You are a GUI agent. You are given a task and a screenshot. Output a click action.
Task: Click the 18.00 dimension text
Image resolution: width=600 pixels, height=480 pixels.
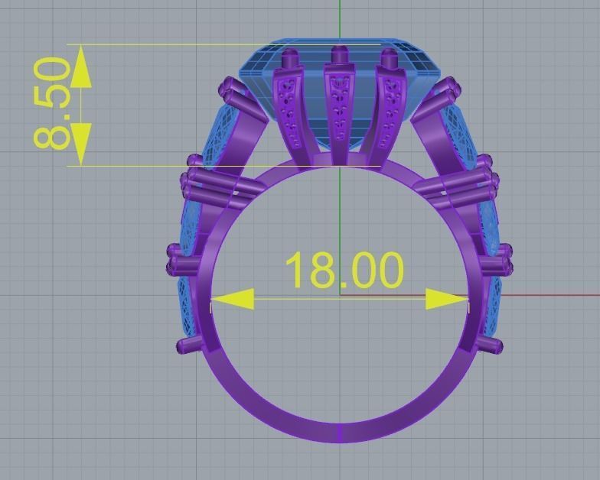pyautogui.click(x=344, y=269)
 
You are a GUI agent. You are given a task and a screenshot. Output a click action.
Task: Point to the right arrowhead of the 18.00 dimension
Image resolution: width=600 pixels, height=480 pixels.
pyautogui.click(x=447, y=299)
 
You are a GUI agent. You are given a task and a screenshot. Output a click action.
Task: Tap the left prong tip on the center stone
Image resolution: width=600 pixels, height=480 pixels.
pyautogui.click(x=291, y=58)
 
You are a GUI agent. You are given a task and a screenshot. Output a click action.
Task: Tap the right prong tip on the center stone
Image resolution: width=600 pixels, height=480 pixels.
pyautogui.click(x=389, y=57)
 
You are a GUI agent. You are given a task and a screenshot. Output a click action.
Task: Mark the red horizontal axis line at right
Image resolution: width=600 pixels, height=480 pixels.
pyautogui.click(x=536, y=295)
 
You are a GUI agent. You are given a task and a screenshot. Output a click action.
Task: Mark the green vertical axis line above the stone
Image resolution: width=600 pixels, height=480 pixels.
pyautogui.click(x=339, y=19)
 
